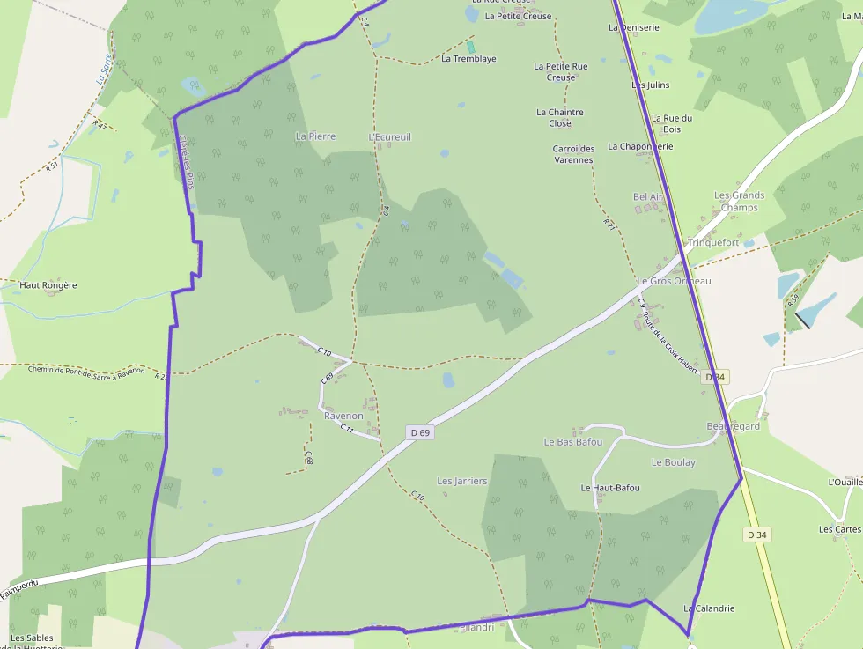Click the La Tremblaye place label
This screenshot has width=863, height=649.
tap(468, 59)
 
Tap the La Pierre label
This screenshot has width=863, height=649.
tap(316, 136)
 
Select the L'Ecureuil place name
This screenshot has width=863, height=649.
tap(389, 137)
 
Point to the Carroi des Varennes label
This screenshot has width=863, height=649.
tap(573, 154)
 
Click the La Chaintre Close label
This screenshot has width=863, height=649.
tap(560, 117)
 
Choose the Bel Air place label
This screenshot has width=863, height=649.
tap(647, 197)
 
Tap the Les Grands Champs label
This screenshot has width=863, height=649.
tap(739, 202)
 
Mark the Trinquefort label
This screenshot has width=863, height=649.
tap(713, 242)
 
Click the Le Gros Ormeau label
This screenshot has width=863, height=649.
tap(674, 281)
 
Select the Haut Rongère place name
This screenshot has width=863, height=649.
tap(48, 285)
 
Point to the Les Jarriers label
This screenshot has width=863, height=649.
tap(462, 481)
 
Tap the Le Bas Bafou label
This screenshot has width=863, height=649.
tap(573, 441)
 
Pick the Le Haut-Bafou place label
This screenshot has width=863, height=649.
tap(610, 488)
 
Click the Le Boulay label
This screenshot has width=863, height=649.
tap(674, 462)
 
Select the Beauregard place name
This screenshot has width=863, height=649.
tap(733, 426)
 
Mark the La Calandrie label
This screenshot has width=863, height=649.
tap(709, 608)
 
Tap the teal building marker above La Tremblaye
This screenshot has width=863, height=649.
tap(470, 47)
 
